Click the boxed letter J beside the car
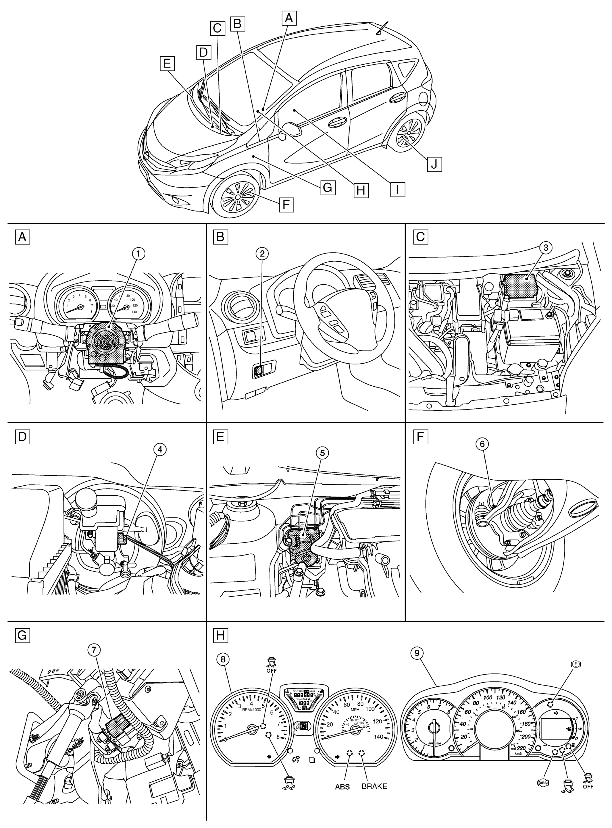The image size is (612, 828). pos(434,163)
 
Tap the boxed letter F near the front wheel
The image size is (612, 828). pos(286,204)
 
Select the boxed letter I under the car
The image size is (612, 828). pos(397,189)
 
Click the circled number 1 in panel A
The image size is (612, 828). pos(138,254)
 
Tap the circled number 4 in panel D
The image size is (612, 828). pos(160,449)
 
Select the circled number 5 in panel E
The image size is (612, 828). pos(322,453)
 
